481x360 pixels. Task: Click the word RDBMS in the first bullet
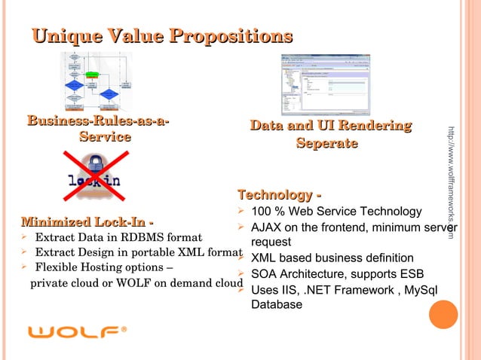point(142,238)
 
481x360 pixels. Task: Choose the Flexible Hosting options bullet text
point(104,267)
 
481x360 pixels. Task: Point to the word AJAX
point(266,227)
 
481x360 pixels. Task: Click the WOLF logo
point(78,331)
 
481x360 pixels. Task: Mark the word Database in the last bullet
point(277,305)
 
